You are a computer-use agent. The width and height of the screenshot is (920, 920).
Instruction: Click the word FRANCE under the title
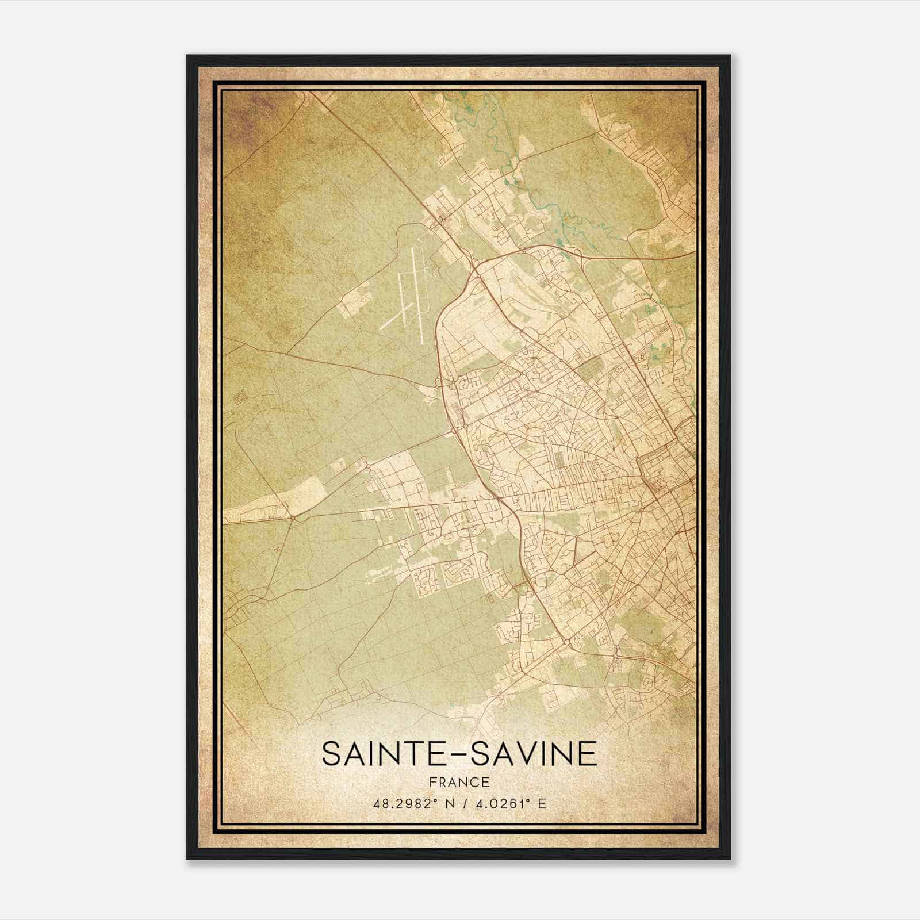[459, 782]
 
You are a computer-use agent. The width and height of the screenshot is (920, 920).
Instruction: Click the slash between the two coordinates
[462, 803]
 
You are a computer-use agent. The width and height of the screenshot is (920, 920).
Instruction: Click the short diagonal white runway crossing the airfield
[395, 317]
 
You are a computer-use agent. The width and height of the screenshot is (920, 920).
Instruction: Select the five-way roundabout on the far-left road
[293, 518]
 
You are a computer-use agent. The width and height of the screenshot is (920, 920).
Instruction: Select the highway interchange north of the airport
[476, 266]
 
